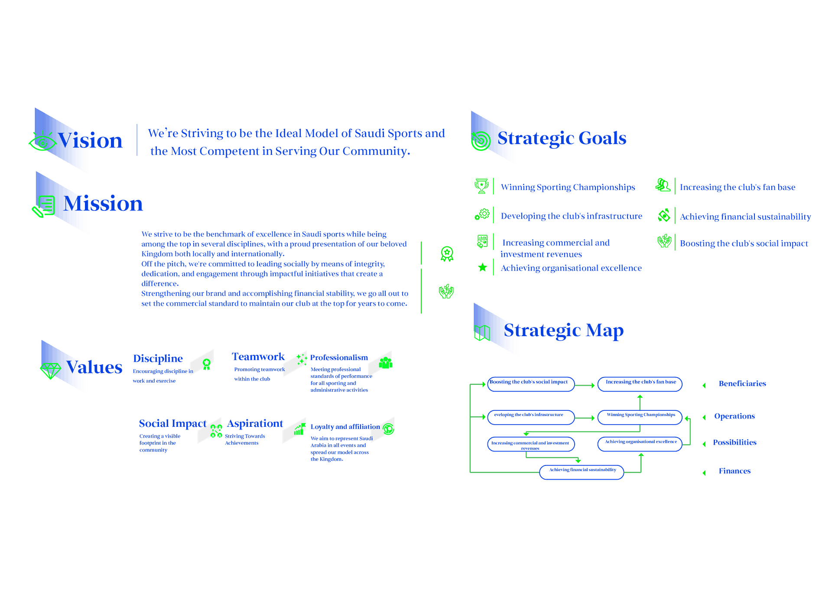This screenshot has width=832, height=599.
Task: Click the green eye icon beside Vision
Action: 42,142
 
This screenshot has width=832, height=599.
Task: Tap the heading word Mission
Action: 103,203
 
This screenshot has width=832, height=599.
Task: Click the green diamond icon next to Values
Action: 50,371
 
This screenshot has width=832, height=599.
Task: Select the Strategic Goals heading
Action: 562,138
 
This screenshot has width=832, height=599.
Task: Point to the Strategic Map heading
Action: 564,331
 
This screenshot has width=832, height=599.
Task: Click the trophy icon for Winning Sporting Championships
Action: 481,186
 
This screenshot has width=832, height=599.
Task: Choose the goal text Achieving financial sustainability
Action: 745,216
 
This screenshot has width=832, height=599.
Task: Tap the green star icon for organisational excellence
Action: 482,267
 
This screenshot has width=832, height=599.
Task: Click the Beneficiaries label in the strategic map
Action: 742,384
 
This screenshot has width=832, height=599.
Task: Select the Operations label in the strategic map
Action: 734,416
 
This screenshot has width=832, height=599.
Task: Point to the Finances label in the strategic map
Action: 734,471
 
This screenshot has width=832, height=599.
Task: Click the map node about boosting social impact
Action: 530,383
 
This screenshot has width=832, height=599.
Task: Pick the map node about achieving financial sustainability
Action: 582,471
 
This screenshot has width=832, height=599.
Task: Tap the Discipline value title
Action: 158,359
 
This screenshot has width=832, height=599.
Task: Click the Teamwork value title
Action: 258,357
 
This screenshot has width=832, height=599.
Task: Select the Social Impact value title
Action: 172,423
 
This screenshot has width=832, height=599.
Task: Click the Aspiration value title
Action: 255,423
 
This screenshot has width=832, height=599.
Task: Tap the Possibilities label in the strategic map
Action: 735,442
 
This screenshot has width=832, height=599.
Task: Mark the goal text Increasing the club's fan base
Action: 738,187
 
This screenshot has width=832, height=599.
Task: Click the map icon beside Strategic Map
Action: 482,333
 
